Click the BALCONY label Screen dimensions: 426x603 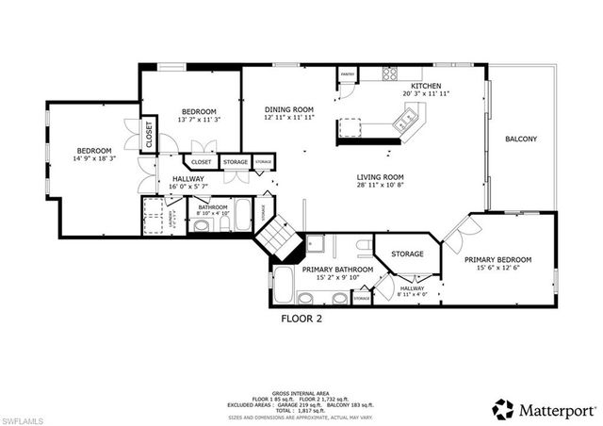(521, 139)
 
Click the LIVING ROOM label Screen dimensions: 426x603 (380, 177)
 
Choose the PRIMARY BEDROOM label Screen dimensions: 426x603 (498, 259)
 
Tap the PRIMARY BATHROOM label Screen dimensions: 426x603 (337, 270)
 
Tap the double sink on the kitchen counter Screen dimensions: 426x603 (407, 118)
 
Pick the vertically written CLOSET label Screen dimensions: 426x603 (148, 135)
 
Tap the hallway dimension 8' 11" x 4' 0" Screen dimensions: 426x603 (412, 296)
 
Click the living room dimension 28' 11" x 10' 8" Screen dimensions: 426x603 (380, 187)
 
